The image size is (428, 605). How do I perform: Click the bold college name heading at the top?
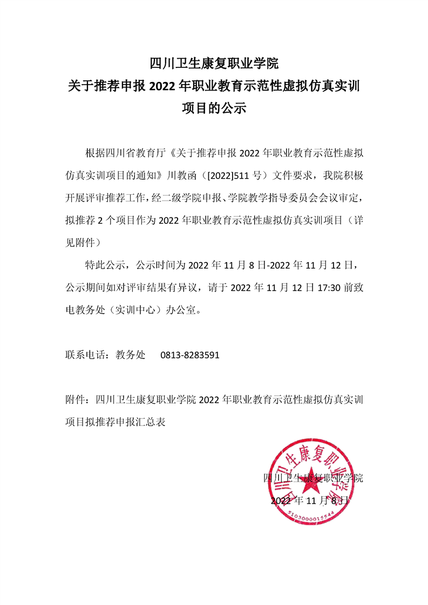pyautogui.click(x=214, y=64)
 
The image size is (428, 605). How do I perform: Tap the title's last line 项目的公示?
pyautogui.click(x=214, y=108)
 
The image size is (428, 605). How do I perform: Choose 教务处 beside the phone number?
pyautogui.click(x=131, y=355)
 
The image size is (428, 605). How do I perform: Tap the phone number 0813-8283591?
pyautogui.click(x=189, y=355)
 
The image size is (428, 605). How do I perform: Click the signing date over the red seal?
pyautogui.click(x=311, y=500)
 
